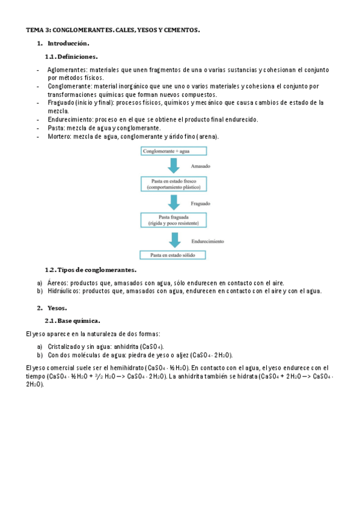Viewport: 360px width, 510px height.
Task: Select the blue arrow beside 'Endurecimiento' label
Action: pos(175,239)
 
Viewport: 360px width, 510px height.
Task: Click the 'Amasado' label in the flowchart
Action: pos(201,166)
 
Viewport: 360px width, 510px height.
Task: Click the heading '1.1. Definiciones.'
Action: pos(71,57)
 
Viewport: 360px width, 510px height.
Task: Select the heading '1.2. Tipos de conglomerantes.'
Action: pos(90,270)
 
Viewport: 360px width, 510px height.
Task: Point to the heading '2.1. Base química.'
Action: pos(73,321)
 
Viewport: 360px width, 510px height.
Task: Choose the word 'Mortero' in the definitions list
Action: pos(59,137)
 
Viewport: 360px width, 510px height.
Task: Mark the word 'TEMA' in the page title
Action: pos(34,29)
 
